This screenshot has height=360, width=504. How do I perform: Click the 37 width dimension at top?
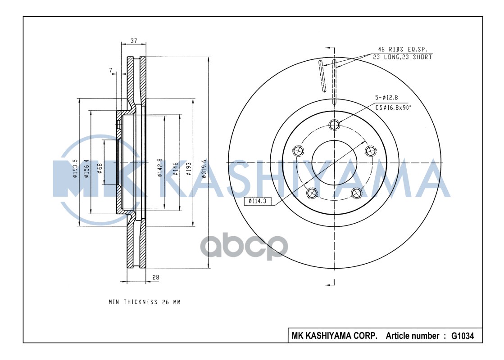click(134, 40)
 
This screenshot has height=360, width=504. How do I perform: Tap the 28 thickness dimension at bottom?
click(155, 278)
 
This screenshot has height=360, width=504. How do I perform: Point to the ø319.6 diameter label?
click(204, 169)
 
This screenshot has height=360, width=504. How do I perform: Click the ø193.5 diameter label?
click(75, 169)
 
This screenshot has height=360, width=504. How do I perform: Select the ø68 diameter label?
click(100, 169)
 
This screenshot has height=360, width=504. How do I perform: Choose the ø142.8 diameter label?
click(159, 168)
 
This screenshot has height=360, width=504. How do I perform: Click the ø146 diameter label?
click(175, 169)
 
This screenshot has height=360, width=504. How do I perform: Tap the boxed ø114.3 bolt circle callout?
click(258, 202)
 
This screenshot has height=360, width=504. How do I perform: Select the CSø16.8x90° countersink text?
click(393, 107)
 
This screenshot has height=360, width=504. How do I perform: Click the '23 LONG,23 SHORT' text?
click(402, 57)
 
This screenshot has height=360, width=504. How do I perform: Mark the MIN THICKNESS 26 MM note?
click(144, 302)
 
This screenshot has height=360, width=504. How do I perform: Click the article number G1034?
click(463, 336)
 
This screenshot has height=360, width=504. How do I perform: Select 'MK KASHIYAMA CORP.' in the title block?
click(334, 336)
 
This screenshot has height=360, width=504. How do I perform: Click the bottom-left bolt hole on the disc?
click(311, 193)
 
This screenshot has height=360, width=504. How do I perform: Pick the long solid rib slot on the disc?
click(322, 77)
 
